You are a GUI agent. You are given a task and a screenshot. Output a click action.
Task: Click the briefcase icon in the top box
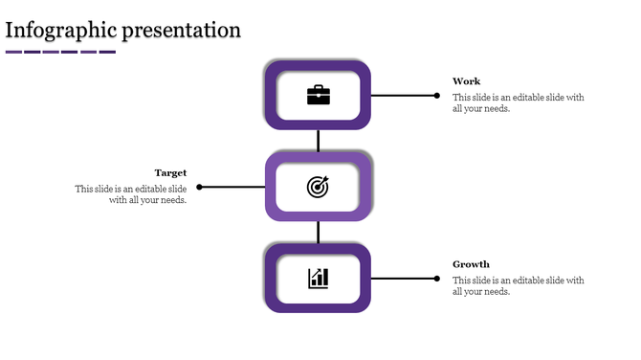click(318, 95)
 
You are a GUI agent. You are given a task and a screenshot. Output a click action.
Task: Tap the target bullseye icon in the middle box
click(318, 187)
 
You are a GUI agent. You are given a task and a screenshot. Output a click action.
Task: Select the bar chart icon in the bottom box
click(318, 279)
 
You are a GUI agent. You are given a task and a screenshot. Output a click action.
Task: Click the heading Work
click(467, 81)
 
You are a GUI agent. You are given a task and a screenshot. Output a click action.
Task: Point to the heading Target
click(170, 173)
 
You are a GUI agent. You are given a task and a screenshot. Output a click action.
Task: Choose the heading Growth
click(471, 264)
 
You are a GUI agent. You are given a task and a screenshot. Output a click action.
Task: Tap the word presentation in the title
click(181, 30)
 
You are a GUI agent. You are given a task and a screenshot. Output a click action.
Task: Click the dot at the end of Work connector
click(437, 96)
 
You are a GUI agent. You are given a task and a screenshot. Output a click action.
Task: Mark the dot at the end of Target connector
click(199, 187)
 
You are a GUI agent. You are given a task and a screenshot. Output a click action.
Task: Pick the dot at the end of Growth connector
click(437, 279)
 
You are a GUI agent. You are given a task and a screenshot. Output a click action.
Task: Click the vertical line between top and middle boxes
click(318, 141)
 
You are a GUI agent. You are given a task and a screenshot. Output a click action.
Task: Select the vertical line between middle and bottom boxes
click(318, 232)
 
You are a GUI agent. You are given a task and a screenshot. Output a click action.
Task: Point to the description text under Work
click(518, 103)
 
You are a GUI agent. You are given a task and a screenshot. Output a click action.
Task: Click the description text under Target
click(131, 194)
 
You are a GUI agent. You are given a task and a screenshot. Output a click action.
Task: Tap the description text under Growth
click(518, 286)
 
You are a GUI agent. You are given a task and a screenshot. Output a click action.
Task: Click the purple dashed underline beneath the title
click(60, 52)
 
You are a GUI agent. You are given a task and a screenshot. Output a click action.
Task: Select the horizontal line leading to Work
click(403, 96)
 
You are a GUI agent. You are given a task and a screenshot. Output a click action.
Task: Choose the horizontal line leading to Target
click(232, 187)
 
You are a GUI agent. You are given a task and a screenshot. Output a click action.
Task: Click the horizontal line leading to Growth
click(403, 279)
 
